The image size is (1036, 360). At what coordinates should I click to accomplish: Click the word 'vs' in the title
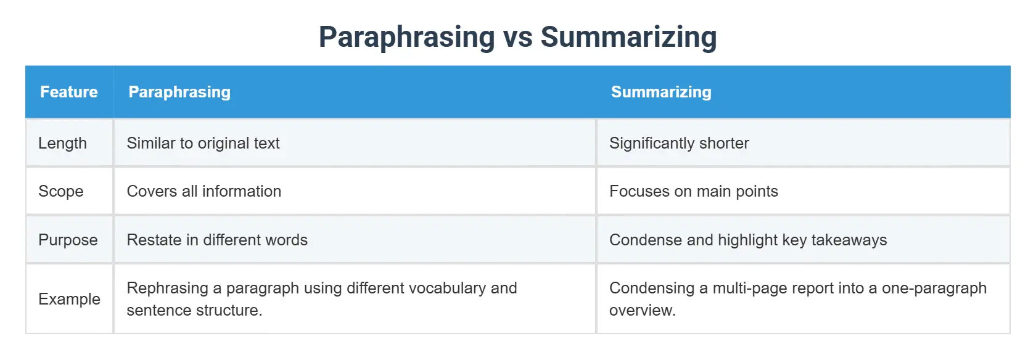[x=518, y=37]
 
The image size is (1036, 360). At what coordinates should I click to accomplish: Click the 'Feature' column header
[x=69, y=92]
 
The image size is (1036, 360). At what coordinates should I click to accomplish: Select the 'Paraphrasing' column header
[x=179, y=92]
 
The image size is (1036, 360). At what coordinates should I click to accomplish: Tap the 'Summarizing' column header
[x=661, y=92]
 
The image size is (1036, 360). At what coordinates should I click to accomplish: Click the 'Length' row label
[x=62, y=143]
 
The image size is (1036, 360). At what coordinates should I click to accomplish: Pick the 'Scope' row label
[x=60, y=191]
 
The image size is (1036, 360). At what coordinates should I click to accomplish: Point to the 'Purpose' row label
[x=68, y=240]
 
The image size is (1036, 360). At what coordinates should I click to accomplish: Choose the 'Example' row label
[x=69, y=299]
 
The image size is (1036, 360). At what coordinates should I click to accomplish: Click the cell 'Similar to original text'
[x=203, y=143]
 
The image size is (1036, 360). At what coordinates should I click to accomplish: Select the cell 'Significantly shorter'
[x=679, y=143]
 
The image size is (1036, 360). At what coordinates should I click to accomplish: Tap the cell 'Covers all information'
[x=203, y=191]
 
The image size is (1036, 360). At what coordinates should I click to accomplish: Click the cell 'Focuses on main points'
[x=693, y=191]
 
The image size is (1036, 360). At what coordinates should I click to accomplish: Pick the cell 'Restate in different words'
[x=217, y=240]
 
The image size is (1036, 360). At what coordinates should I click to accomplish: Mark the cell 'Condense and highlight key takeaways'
[x=748, y=240]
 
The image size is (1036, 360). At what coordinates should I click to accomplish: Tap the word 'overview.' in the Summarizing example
[x=642, y=310]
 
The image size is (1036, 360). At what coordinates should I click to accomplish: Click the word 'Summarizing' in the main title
[x=628, y=37]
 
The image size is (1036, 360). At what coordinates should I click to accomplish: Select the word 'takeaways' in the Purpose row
[x=849, y=240]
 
